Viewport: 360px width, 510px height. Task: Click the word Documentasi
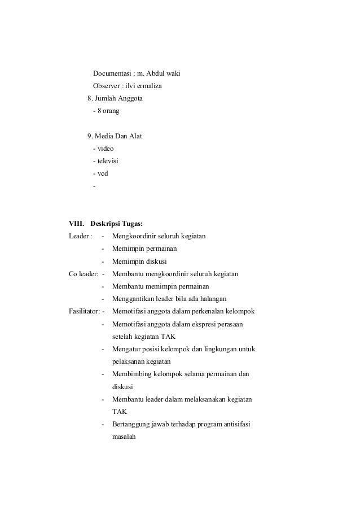pos(112,74)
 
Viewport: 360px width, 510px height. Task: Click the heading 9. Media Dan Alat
pos(115,136)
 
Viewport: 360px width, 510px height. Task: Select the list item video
pos(106,149)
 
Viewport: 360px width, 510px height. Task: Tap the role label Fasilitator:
pos(85,311)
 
